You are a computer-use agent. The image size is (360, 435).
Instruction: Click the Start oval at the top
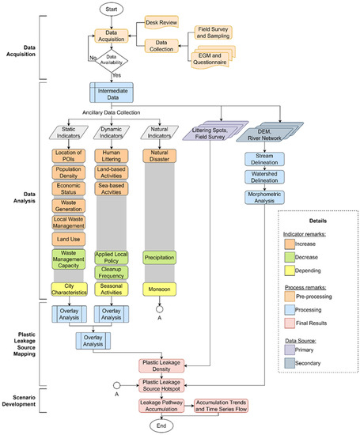[x=111, y=10]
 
